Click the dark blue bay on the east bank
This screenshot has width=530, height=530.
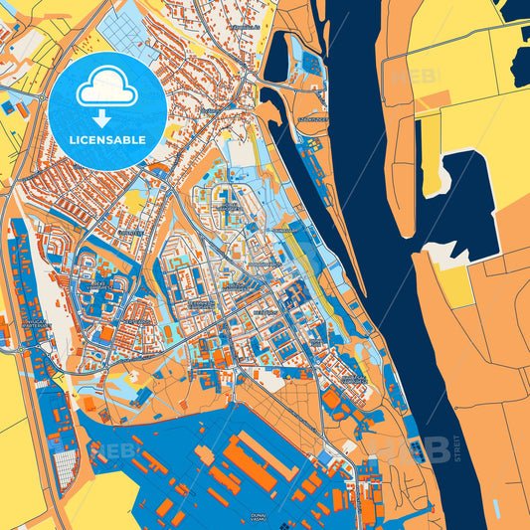tap(460, 199)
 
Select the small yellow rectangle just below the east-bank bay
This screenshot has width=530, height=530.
tap(456, 285)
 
